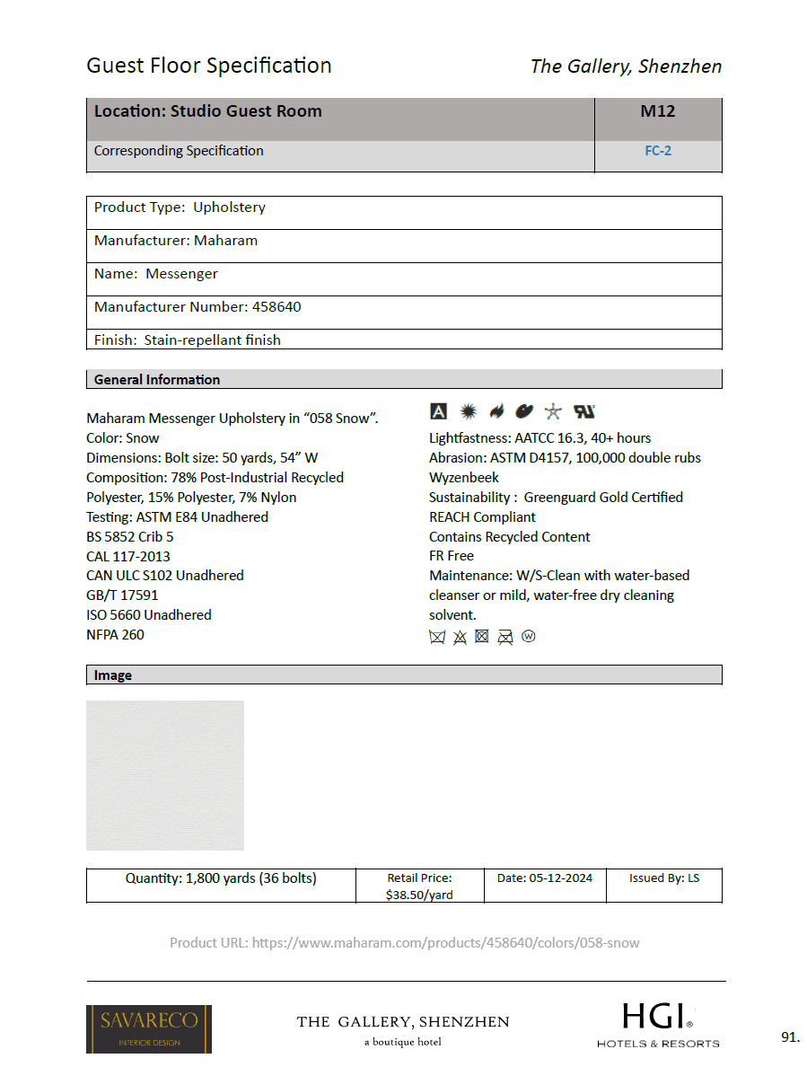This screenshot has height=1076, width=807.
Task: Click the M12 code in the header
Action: coord(657,111)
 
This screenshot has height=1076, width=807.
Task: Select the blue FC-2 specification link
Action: coord(657,151)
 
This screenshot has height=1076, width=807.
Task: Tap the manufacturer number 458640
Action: coord(276,307)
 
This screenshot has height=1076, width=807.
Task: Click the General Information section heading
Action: coord(157,380)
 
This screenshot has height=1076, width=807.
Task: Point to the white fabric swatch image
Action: coord(165,775)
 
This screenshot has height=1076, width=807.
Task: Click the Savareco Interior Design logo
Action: coord(149,1028)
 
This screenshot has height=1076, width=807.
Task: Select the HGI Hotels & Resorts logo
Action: coord(658,1026)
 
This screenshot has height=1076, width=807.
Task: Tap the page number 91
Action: coord(789,1037)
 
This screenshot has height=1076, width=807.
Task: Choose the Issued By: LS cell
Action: coord(664,878)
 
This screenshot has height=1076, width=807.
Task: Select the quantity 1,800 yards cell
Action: coord(221,878)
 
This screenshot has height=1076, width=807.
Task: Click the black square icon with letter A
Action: coord(438,411)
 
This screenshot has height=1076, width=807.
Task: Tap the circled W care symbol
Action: coord(528,637)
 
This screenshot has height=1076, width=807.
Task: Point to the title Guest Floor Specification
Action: coord(209,66)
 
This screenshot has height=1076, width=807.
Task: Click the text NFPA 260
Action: coord(115,635)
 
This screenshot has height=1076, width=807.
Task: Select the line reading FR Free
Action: coord(452,556)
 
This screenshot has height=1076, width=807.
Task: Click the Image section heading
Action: coord(113,675)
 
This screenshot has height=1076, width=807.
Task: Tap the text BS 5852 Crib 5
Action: coord(130,537)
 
